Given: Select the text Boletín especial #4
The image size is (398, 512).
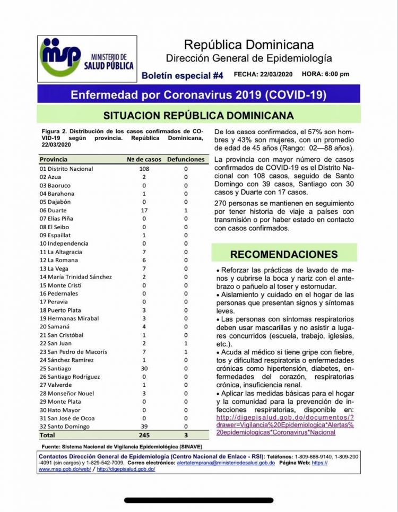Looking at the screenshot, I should click(182, 75).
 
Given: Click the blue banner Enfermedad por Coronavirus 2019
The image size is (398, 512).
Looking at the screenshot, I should click(198, 95).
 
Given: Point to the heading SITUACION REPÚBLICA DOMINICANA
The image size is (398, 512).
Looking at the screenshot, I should click(198, 115).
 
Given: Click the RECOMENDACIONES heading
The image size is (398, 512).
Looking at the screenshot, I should click(284, 254).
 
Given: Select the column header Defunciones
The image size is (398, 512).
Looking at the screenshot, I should click(185, 159).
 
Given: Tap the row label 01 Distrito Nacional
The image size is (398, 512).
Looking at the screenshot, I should click(66, 169).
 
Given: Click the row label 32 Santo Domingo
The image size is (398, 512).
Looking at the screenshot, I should click(64, 426).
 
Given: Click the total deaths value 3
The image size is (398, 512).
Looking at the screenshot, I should click(186, 435).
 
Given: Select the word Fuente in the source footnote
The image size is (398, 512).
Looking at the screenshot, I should click(50, 446).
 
